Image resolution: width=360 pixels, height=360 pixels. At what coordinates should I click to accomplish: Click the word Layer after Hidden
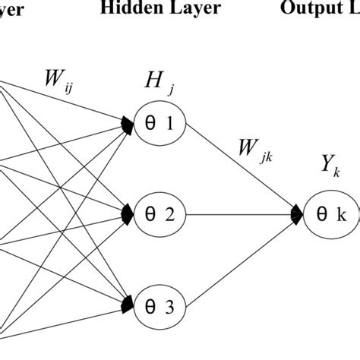tap(196, 8)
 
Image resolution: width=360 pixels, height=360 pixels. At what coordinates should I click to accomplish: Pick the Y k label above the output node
tap(332, 185)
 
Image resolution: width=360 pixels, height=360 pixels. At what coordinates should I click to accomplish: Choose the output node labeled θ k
tap(330, 216)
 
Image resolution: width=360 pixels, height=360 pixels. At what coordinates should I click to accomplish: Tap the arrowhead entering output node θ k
tap(296, 216)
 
